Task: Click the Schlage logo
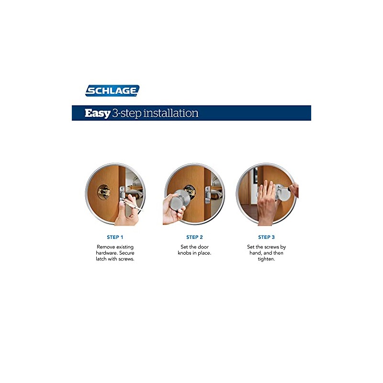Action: click(x=112, y=90)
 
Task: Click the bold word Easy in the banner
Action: click(x=97, y=113)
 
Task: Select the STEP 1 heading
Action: click(x=115, y=237)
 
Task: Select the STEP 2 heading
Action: click(x=194, y=237)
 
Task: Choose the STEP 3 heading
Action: click(x=266, y=237)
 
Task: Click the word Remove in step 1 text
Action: click(x=106, y=247)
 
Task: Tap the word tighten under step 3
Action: click(x=266, y=259)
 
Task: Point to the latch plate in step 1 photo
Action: click(x=123, y=194)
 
